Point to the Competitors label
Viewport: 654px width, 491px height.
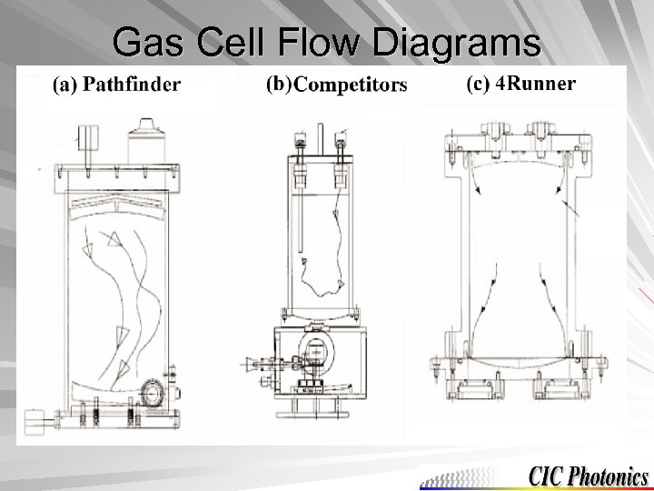point(351,85)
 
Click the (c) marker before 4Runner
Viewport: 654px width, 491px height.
point(478,84)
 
